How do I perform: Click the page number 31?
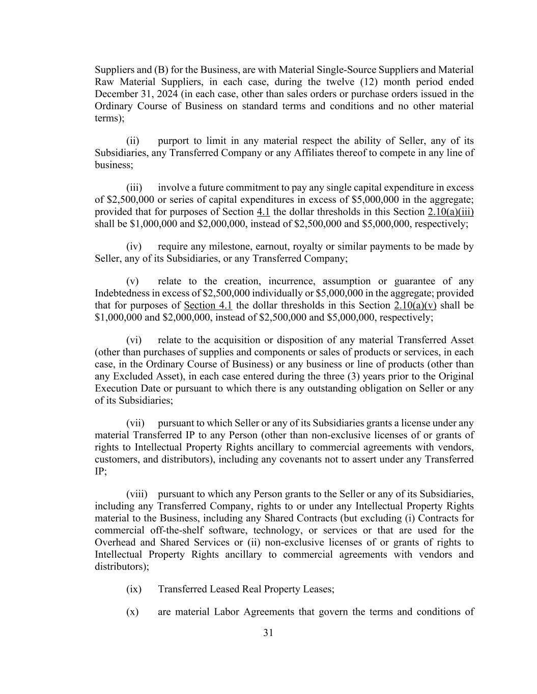pos(268,633)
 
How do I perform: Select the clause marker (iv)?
pos(133,247)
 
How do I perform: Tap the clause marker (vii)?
pos(135,423)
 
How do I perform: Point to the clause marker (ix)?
pos(133,589)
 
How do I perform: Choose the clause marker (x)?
pos(132,612)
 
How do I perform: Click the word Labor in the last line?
pos(227,612)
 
